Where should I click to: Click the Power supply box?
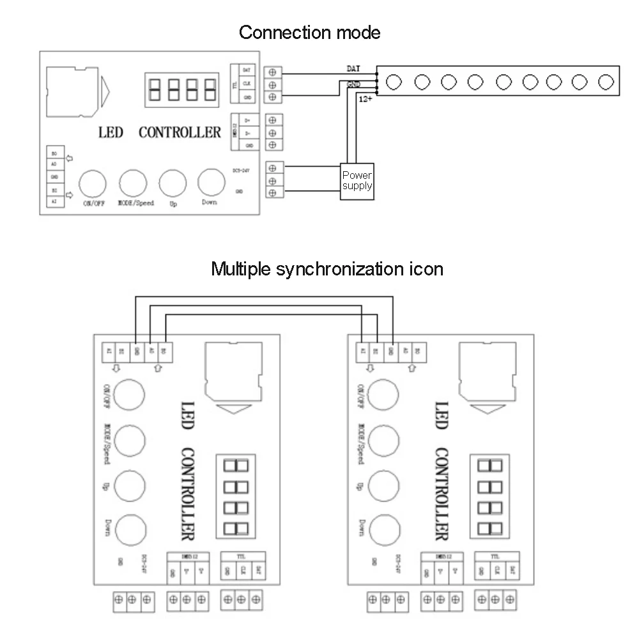[357, 181]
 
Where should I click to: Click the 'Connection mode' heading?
[309, 32]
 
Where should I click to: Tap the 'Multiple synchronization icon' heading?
[327, 268]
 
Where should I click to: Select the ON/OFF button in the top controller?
[92, 183]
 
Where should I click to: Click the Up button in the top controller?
[172, 183]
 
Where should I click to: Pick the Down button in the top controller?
[210, 183]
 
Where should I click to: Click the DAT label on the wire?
[353, 68]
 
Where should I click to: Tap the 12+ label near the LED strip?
[364, 99]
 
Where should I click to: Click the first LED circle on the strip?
[394, 81]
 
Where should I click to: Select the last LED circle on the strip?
[605, 81]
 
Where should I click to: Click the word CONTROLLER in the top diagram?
[180, 132]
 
